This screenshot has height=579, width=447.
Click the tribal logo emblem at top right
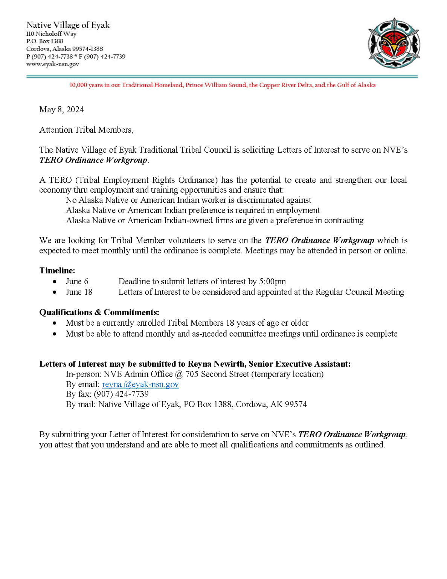394,43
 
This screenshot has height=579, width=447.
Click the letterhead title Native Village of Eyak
68,25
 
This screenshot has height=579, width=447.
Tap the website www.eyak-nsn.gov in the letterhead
52,64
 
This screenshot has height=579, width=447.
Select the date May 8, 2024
61,110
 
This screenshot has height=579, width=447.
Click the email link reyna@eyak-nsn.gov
140,384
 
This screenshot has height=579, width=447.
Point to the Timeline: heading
57,270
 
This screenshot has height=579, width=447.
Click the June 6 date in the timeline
77,282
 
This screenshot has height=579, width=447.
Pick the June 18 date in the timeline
79,292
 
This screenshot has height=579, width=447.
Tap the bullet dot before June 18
55,292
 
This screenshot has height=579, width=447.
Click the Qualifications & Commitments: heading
99,312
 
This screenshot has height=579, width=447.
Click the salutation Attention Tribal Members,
86,130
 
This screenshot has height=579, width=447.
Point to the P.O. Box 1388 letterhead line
44,41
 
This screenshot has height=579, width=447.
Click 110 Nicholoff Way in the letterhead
51,34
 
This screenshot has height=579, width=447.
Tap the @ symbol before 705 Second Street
179,374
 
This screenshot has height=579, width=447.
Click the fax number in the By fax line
121,394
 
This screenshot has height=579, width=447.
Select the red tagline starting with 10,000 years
222,85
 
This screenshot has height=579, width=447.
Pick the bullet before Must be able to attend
55,334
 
